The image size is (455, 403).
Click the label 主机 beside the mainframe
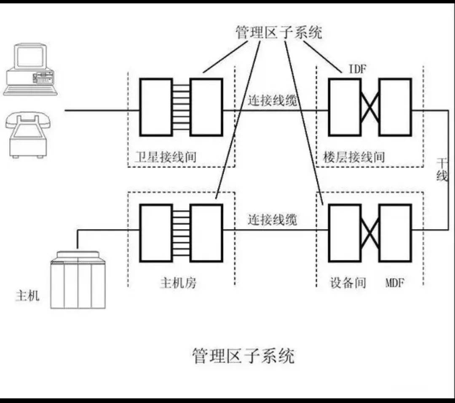point(27,296)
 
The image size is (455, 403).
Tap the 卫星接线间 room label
point(163,157)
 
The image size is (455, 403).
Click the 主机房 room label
point(178,282)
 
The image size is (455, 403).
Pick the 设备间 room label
point(348,282)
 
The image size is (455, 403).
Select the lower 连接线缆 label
point(272,220)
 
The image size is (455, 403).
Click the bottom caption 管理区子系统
point(243,356)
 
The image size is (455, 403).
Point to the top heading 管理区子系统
point(278,32)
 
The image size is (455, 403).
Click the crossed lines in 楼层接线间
point(370,107)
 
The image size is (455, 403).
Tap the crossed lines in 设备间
point(370,233)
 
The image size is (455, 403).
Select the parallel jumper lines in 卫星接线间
point(181,107)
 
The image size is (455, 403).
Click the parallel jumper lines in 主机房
point(181,233)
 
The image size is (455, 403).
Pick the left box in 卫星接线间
point(156,107)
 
